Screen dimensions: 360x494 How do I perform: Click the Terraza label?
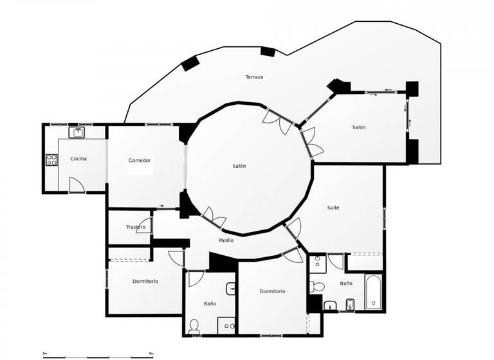coord(254,77)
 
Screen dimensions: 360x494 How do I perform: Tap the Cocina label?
coord(78,159)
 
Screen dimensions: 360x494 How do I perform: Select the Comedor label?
coord(140,160)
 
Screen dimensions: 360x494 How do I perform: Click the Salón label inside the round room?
coord(239,166)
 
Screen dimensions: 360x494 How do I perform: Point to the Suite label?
coord(333,208)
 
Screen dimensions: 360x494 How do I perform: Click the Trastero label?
coord(135,227)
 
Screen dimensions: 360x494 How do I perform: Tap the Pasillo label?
coord(226,240)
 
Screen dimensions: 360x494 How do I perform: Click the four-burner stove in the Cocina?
coord(51,159)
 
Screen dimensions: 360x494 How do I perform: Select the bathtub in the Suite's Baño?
coord(372,293)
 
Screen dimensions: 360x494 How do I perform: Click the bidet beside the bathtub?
coord(350,304)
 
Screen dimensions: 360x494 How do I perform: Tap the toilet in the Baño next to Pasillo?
coord(194,327)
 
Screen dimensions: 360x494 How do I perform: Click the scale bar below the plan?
coord(96,355)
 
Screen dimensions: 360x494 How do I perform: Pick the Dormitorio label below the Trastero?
coord(145,281)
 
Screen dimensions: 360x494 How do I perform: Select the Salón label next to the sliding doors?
coord(359,127)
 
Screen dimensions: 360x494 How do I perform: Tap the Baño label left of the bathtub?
coord(346,283)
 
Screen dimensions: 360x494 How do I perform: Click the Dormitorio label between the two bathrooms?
coord(272,291)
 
